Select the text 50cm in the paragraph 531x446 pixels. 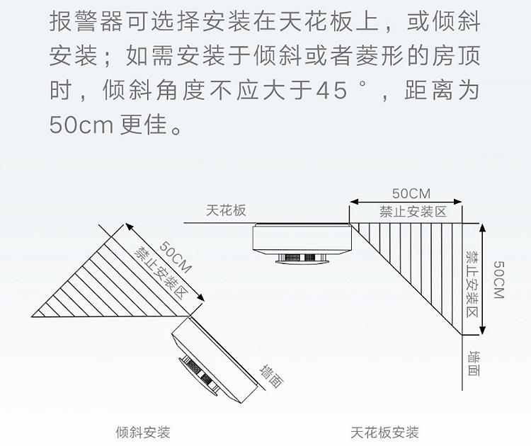tap(81, 125)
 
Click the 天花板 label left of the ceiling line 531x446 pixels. tap(225, 211)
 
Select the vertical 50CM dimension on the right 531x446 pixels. tap(498, 280)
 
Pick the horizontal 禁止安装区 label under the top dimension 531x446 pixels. tap(412, 212)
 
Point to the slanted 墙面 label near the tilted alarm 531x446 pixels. tap(271, 376)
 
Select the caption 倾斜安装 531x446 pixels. tap(142, 431)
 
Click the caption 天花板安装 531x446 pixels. tap(384, 431)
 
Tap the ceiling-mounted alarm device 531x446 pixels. tap(302, 241)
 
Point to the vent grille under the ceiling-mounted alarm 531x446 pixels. tap(301, 258)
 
